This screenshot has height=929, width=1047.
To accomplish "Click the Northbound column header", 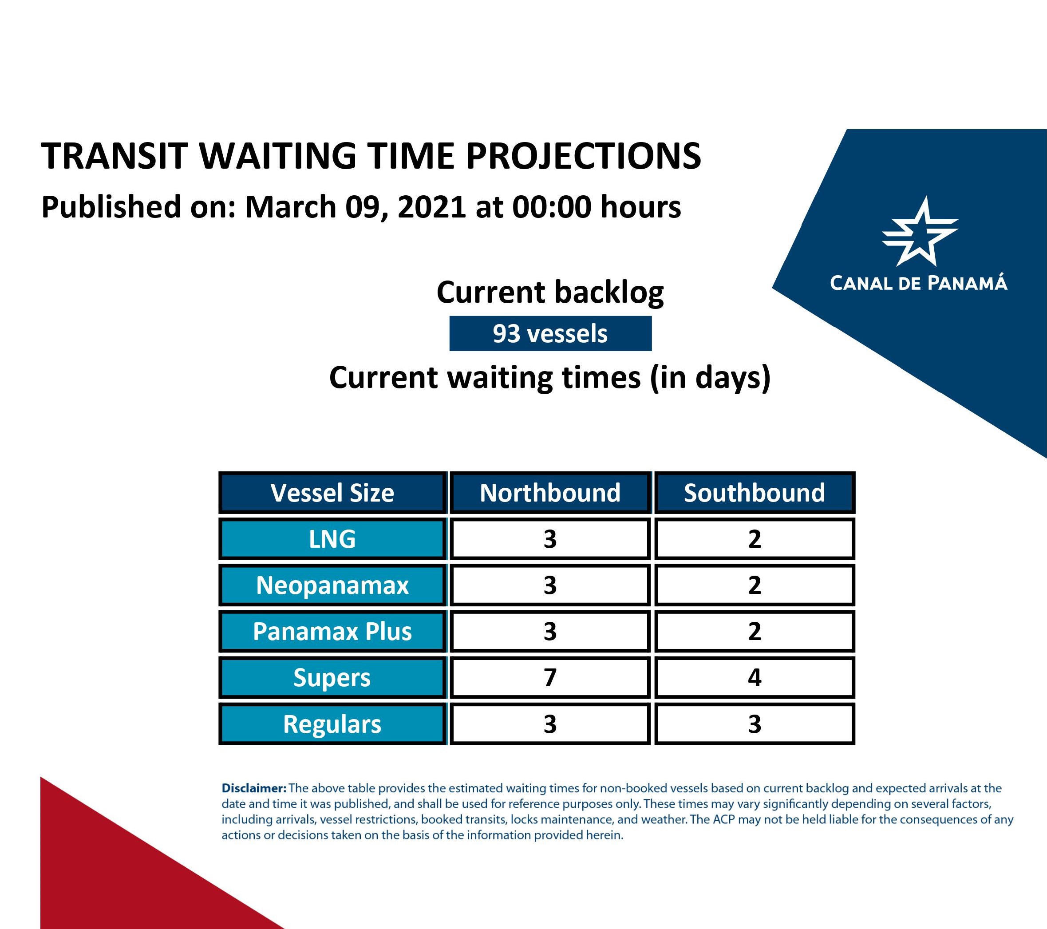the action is click(x=550, y=493).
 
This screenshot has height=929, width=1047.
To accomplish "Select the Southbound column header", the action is click(x=755, y=493).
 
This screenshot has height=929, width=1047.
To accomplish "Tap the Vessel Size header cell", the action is click(x=332, y=493).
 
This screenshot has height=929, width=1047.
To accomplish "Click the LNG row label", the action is click(x=332, y=539).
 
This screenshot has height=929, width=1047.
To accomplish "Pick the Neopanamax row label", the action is click(x=332, y=585).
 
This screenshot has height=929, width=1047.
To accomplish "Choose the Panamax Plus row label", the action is click(x=332, y=631).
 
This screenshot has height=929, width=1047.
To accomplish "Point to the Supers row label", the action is click(x=332, y=677).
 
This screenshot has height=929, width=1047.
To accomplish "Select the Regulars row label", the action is click(x=332, y=723).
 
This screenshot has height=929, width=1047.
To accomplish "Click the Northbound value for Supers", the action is click(x=550, y=677).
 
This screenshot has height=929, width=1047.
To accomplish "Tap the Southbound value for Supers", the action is click(x=755, y=677).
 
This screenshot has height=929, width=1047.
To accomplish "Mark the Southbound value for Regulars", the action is click(x=755, y=723).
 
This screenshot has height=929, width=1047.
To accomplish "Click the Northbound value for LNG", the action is click(x=550, y=539).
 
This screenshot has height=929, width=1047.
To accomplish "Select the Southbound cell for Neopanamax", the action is click(x=755, y=585).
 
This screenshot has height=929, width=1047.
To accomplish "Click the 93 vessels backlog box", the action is click(x=550, y=333).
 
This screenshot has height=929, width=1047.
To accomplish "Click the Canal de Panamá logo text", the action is click(x=918, y=283).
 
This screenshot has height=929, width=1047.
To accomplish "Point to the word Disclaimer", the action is click(x=254, y=788).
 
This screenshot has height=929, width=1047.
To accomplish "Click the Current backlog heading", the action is click(x=550, y=293).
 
